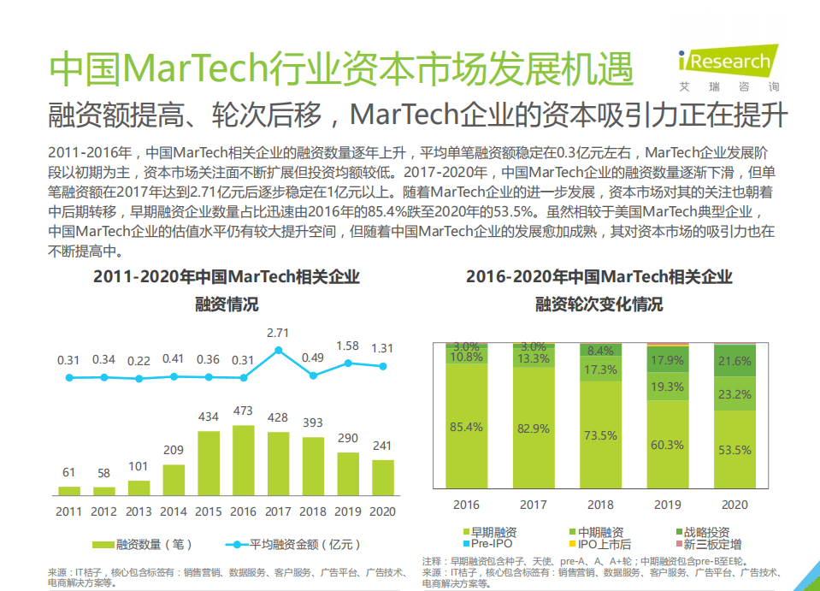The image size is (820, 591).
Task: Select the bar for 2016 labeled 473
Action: [244, 461]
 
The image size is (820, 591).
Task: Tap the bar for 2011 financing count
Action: [69, 491]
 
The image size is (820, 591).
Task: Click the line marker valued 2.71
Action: [279, 351]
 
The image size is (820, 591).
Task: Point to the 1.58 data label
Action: [348, 346]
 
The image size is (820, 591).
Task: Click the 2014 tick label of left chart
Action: [174, 511]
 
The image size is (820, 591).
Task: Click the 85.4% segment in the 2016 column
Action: [466, 426]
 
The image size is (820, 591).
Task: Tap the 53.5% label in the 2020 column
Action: [734, 449]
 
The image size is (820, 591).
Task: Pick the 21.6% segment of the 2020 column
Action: [734, 362]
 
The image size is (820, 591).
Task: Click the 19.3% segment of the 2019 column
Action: [668, 387]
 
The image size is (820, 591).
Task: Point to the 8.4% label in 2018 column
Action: [601, 351]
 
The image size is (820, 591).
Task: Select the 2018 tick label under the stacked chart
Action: [601, 505]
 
